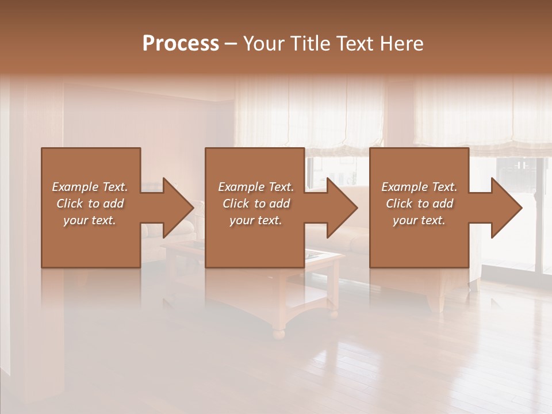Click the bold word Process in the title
point(181,44)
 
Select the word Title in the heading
point(310,44)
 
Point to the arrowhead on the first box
point(176,208)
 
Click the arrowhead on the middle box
point(340,208)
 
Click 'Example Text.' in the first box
point(90,187)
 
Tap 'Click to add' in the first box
point(90,204)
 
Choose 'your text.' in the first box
point(90,220)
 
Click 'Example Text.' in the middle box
point(256,187)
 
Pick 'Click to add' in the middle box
point(256,204)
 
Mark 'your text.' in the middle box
point(256,220)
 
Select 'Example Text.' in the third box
point(419,187)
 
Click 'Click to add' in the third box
point(419,204)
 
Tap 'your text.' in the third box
point(419,220)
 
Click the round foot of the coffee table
point(278,333)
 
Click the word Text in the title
point(354,44)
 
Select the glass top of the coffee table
point(322,255)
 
